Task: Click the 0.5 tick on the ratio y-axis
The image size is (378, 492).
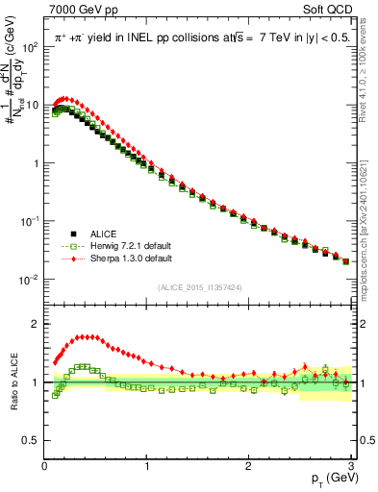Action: tap(33, 440)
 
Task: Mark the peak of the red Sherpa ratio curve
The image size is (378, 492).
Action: tap(87, 336)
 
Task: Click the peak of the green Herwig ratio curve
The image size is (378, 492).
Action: tap(83, 366)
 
